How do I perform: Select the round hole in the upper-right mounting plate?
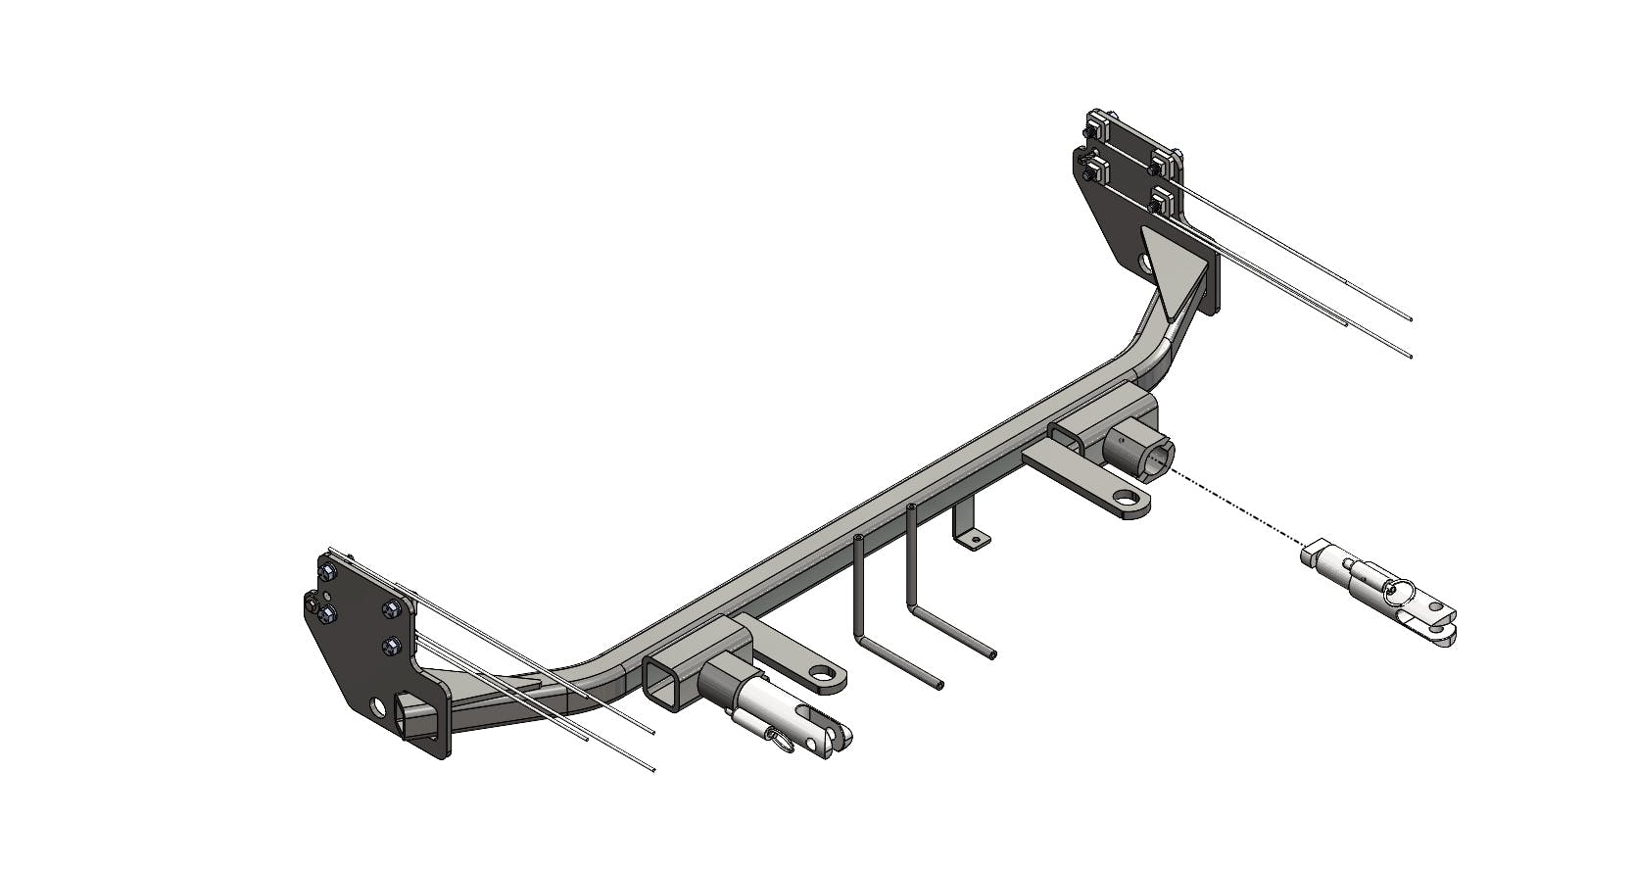(1146, 262)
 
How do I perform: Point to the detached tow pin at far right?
(1376, 593)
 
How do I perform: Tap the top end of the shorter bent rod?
(858, 539)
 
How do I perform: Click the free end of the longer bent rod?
(993, 653)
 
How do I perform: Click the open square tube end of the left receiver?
(666, 682)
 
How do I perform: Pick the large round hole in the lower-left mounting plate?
(378, 706)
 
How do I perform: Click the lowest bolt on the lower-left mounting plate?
(393, 646)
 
